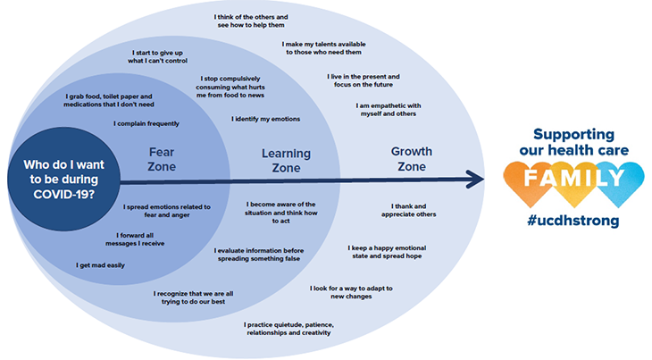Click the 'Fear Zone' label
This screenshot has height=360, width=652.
[x=162, y=159]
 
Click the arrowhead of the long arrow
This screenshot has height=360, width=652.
[x=478, y=180]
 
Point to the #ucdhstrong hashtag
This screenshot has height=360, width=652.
[x=573, y=221]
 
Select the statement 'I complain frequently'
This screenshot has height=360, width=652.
[x=146, y=123]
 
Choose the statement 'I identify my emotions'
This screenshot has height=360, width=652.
[x=265, y=119]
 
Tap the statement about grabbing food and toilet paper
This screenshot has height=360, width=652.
[x=109, y=100]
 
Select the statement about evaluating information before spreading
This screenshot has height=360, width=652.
[x=258, y=255]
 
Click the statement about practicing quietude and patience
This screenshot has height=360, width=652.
[x=287, y=328]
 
